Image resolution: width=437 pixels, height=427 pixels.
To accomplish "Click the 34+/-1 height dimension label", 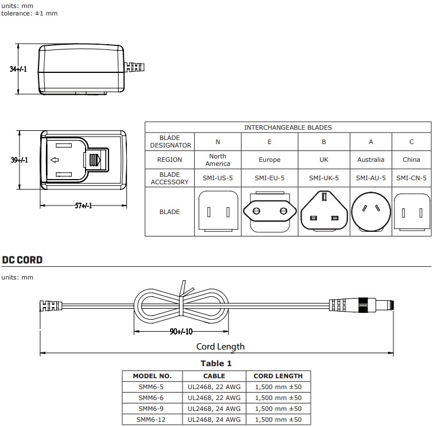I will tap(19, 69).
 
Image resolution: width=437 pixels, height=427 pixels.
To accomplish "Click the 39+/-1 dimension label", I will tap(19, 160).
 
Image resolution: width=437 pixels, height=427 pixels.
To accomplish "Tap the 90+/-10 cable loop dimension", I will tap(181, 331).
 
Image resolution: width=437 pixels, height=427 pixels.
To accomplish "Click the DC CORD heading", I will tap(22, 259).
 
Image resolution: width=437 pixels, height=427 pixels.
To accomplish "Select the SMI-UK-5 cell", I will tap(324, 178).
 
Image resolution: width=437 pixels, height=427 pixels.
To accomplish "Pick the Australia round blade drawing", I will tap(370, 212).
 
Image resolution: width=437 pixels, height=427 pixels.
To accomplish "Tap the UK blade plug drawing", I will tap(324, 212).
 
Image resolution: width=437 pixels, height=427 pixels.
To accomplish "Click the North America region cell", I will tap(218, 160).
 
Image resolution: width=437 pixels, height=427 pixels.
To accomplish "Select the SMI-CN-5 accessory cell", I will tap(411, 178).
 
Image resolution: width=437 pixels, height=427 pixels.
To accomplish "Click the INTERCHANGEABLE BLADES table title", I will tap(288, 127).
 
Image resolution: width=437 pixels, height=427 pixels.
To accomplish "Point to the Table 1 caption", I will tap(216, 363).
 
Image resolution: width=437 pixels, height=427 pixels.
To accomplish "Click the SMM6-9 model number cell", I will tap(152, 409).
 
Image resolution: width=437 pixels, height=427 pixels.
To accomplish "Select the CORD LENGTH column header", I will tap(278, 376).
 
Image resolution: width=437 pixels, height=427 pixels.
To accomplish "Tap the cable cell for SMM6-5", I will tap(214, 387).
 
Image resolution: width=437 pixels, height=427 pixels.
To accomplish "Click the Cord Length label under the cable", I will tap(221, 346).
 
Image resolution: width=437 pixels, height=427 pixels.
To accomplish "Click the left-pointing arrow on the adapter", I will tap(55, 160).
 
